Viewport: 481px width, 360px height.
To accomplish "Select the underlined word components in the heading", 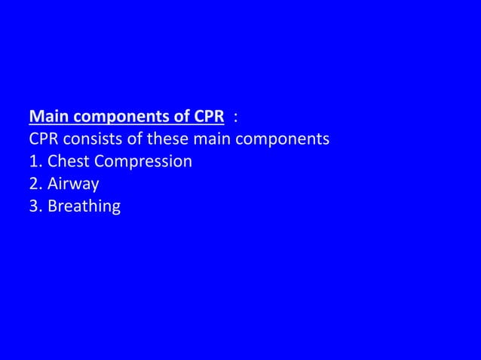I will point(115,118).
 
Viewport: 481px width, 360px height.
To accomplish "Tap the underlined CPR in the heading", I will point(207,117).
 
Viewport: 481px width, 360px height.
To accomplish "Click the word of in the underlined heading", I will point(174,117).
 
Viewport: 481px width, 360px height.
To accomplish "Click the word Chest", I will point(70,161).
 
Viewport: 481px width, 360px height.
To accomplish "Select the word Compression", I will point(144,162).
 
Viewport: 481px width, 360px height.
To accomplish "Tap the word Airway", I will point(73,184).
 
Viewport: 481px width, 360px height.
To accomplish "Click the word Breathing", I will point(84,206).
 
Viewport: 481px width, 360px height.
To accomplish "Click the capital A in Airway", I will point(53,183).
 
